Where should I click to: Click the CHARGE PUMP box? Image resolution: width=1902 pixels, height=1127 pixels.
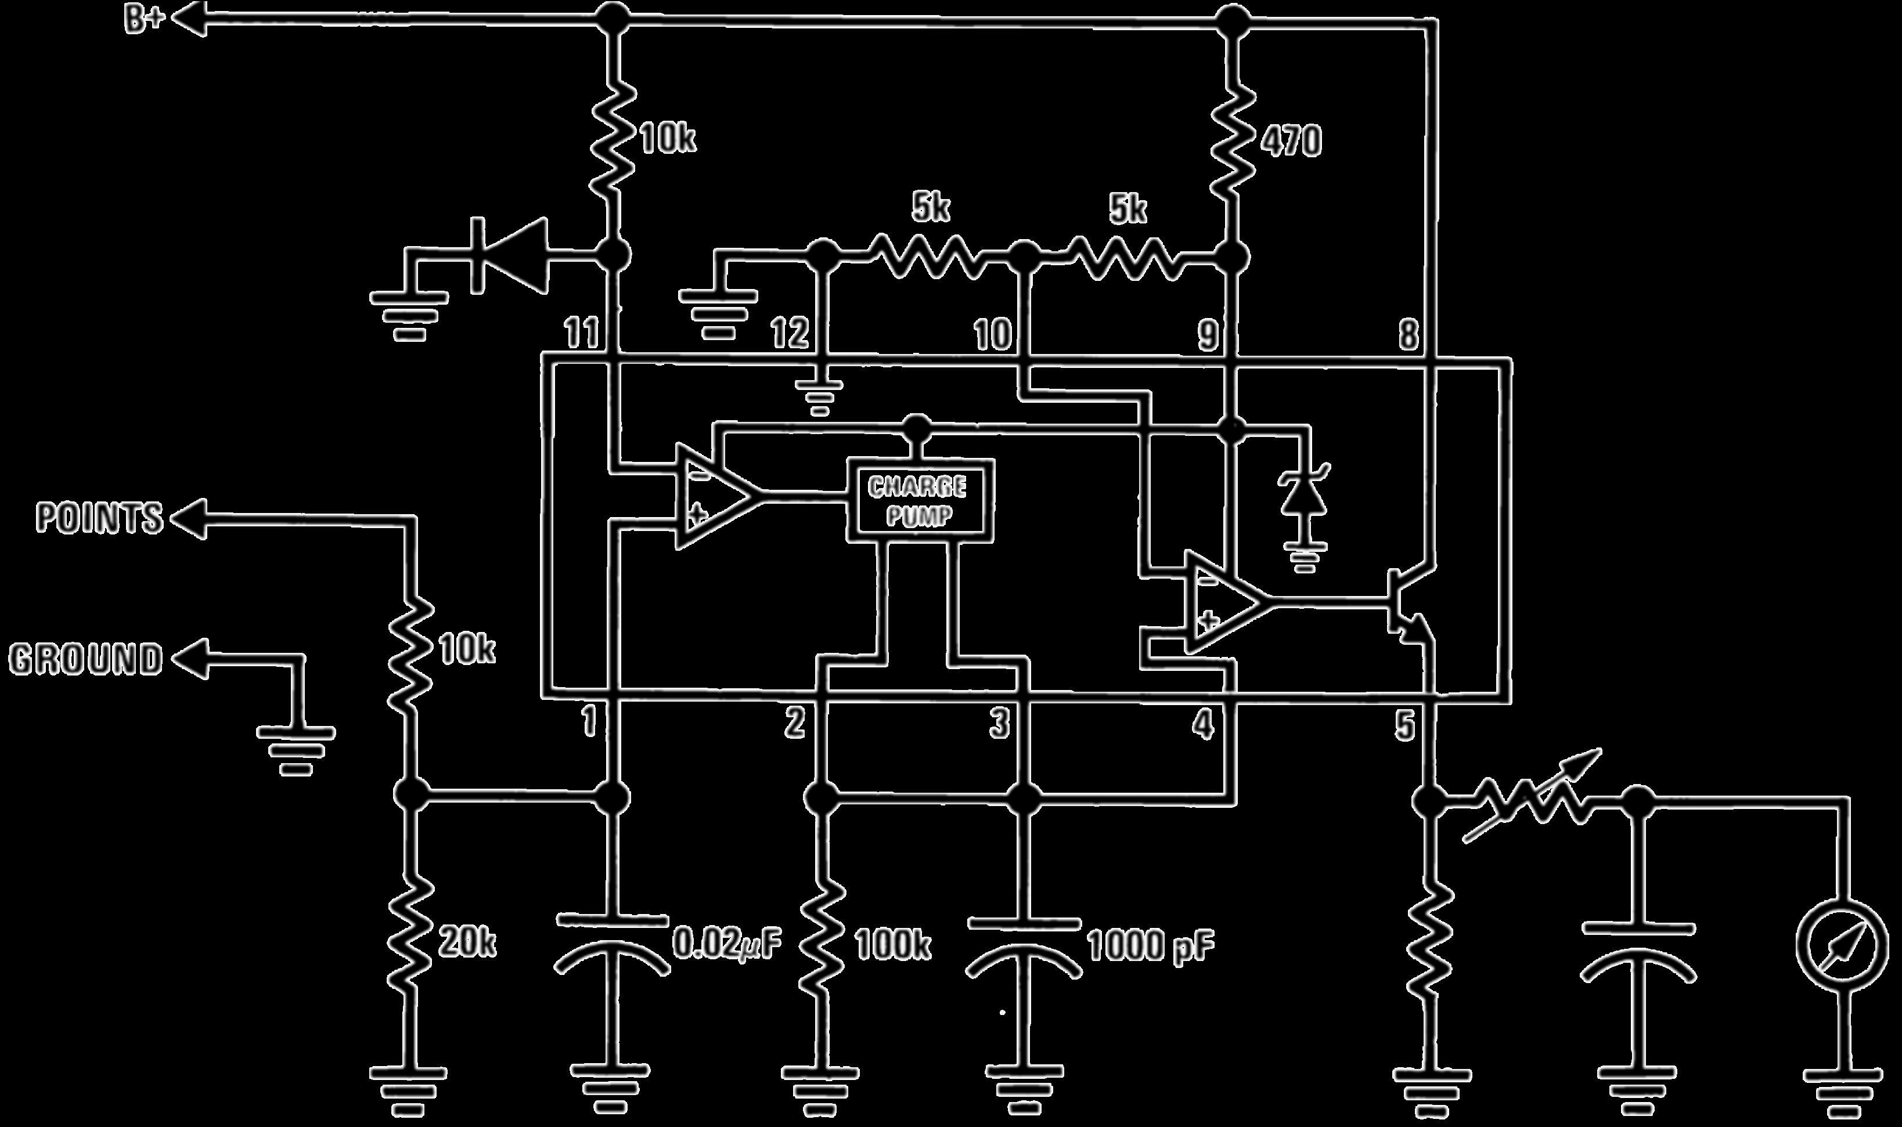[x=919, y=500]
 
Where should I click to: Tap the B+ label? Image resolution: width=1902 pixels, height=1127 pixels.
[x=145, y=20]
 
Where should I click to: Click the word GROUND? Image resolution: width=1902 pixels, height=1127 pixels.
[x=86, y=659]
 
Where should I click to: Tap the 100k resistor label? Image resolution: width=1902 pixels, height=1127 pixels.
[x=892, y=945]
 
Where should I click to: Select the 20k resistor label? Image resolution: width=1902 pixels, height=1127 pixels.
[x=467, y=943]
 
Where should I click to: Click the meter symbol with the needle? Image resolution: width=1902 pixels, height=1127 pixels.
[x=1841, y=945]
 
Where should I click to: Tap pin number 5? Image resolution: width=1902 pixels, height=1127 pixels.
[x=1405, y=726]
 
